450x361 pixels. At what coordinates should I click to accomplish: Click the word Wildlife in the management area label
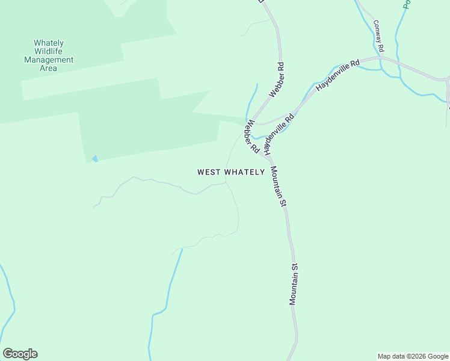click(x=49, y=52)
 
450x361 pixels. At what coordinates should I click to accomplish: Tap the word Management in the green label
click(x=49, y=60)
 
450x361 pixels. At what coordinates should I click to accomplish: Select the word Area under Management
click(x=49, y=69)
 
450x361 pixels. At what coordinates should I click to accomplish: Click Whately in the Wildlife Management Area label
click(x=49, y=43)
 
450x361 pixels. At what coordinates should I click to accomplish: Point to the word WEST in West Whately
click(x=209, y=172)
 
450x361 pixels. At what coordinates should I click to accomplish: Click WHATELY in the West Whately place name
click(x=245, y=172)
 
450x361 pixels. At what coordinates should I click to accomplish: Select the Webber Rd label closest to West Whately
click(x=250, y=135)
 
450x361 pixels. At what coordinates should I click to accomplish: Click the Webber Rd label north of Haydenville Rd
click(x=277, y=79)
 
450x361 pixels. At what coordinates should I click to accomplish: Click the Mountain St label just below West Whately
click(x=277, y=187)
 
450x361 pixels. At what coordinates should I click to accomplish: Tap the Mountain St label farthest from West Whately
click(x=294, y=283)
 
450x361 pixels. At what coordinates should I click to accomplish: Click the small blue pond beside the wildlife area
click(x=94, y=159)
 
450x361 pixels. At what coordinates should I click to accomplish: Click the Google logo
click(x=20, y=354)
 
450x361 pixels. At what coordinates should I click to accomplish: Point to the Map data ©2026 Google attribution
click(x=413, y=356)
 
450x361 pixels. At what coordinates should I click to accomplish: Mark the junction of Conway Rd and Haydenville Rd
click(x=381, y=58)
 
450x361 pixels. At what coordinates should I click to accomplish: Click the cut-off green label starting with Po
click(x=406, y=4)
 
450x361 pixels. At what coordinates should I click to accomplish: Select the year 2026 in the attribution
click(x=417, y=356)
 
